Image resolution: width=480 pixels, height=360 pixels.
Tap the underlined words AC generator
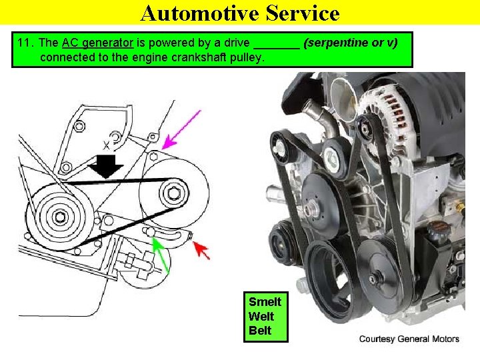click(98, 43)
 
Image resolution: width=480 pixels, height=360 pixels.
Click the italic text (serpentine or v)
click(351, 43)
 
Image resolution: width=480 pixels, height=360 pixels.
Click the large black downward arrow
click(107, 165)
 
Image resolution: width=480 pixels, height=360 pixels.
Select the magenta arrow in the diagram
click(181, 129)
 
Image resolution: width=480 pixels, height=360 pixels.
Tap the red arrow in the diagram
click(201, 251)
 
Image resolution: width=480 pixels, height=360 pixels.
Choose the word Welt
click(261, 316)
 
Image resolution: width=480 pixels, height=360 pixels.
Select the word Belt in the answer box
click(260, 330)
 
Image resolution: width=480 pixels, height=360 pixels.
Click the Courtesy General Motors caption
click(409, 339)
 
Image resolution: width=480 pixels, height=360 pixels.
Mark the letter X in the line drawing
click(106, 144)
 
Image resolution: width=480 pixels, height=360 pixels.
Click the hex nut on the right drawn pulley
click(175, 194)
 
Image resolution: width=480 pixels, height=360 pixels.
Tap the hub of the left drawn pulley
click(60, 216)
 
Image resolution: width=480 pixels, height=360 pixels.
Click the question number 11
click(25, 43)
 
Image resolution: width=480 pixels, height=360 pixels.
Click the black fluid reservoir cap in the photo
click(438, 234)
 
